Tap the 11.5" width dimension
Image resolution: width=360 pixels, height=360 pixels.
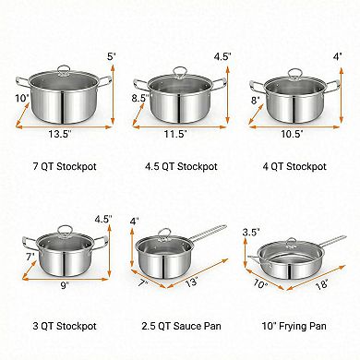(x=176, y=134)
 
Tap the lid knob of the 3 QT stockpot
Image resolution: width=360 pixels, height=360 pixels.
(x=62, y=230)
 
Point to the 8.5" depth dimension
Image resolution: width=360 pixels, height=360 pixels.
(x=139, y=95)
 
